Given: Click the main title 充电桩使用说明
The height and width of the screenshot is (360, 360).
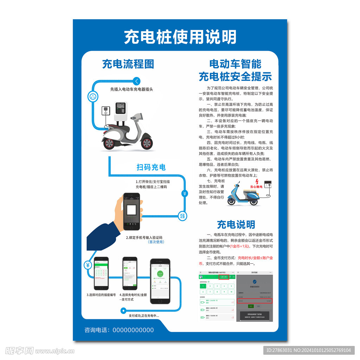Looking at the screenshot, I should (x=180, y=37).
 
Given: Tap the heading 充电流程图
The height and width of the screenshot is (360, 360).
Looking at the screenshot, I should (x=128, y=64).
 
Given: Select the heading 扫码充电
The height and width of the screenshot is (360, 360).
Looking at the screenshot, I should (x=151, y=167).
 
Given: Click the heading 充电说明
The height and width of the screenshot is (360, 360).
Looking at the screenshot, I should (x=236, y=224).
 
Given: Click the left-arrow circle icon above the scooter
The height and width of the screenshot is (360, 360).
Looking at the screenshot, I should (x=137, y=81).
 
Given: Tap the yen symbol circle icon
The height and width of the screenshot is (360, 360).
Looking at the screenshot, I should (x=88, y=265).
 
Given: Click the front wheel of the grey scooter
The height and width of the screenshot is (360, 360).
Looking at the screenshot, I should (x=147, y=143).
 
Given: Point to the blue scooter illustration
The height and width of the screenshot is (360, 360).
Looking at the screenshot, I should (x=243, y=194).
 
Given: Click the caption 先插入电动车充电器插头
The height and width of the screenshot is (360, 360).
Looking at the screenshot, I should (x=132, y=89).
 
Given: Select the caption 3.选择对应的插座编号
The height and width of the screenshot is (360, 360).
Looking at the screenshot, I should (x=101, y=295).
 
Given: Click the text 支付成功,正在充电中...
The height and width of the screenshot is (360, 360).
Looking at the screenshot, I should (x=143, y=316).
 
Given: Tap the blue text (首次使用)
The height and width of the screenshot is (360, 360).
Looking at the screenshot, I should (x=156, y=242).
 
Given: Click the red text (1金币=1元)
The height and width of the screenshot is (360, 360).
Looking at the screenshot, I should (x=240, y=246).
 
